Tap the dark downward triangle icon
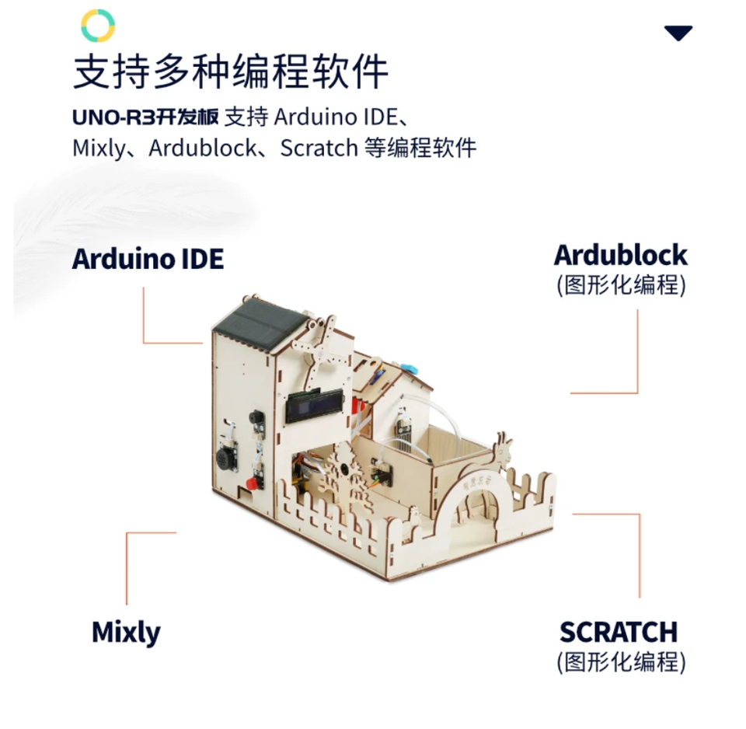(x=678, y=33)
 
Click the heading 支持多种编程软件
(x=231, y=72)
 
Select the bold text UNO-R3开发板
(x=145, y=117)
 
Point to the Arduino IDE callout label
(x=148, y=259)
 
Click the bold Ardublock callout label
(x=620, y=255)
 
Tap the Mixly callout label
(x=126, y=633)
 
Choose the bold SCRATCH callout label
(x=619, y=632)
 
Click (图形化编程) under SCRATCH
(x=622, y=662)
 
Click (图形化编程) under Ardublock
(x=622, y=285)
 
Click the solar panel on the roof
(x=260, y=323)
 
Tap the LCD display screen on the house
(x=315, y=406)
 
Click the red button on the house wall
(x=252, y=484)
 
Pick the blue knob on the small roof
(x=408, y=368)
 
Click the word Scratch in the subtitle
(x=319, y=148)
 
